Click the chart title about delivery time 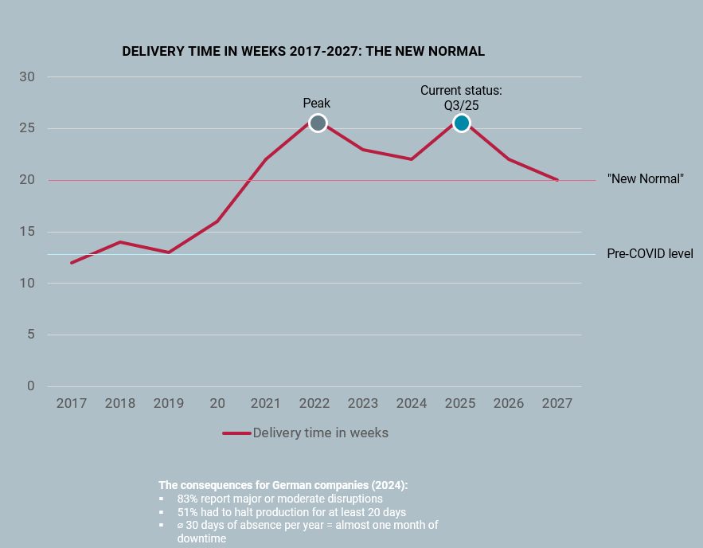click(x=303, y=51)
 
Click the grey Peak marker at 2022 click(x=318, y=123)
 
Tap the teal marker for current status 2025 click(x=461, y=123)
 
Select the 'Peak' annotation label click(x=316, y=103)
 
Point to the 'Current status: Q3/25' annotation click(x=461, y=97)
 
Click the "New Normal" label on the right click(x=646, y=179)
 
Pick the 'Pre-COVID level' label click(x=650, y=254)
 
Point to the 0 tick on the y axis click(x=31, y=386)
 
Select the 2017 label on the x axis click(x=72, y=403)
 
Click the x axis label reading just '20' click(x=217, y=403)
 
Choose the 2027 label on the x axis click(x=557, y=403)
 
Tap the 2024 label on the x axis click(x=412, y=403)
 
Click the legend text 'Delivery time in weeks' click(x=320, y=433)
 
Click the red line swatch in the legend click(x=236, y=433)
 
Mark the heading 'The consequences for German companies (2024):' click(x=283, y=485)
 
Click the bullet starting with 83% click(x=279, y=499)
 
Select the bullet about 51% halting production click(x=292, y=512)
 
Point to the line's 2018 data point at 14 click(x=120, y=242)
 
